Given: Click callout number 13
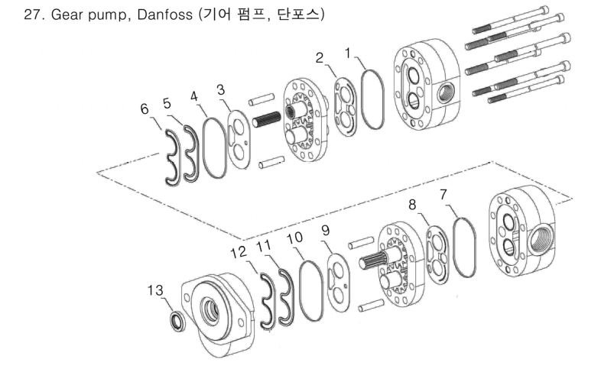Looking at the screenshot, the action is point(155,290).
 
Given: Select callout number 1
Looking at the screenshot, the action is point(348,53).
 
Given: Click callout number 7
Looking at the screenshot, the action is point(443,195).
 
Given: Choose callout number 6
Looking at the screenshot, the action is point(145,108).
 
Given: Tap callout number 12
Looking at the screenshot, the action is point(239,252).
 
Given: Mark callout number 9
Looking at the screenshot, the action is point(326,231).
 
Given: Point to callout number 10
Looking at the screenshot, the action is point(295,238).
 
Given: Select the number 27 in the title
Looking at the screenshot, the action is point(32,15).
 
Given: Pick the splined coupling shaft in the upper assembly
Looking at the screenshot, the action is point(267,119).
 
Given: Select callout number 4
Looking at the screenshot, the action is point(194,96).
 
